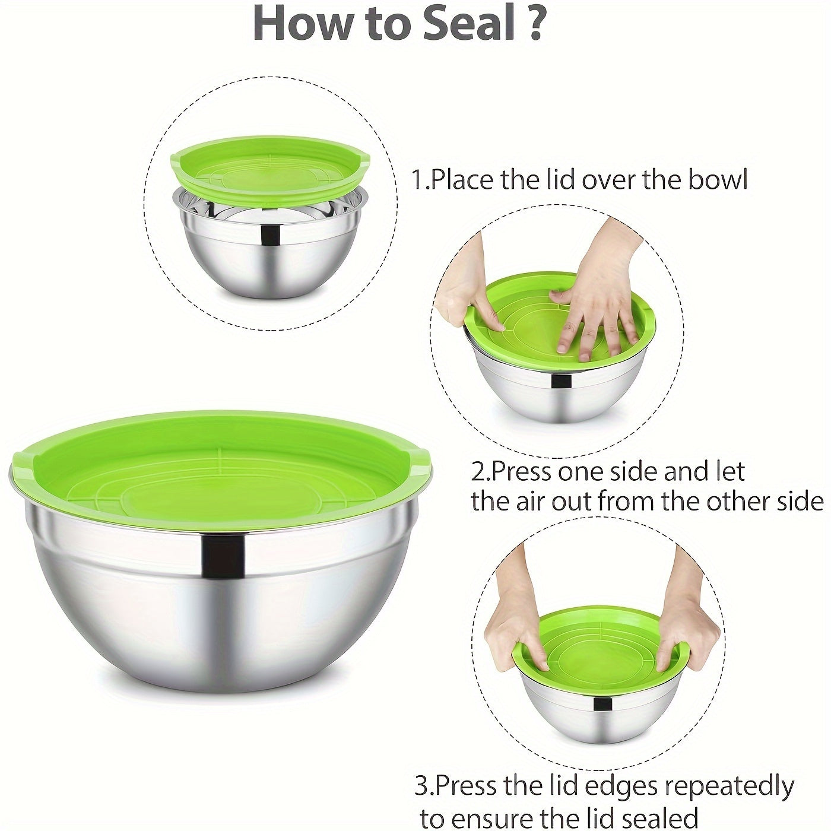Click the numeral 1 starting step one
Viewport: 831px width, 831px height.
point(419,179)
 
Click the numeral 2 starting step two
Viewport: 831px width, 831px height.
point(478,472)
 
